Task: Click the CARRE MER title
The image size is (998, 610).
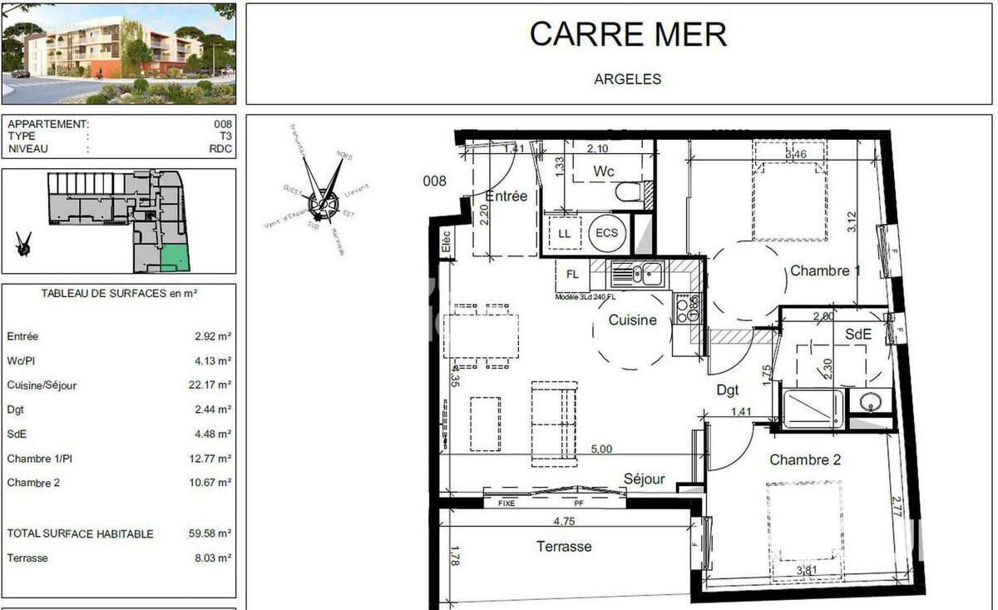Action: coord(628,34)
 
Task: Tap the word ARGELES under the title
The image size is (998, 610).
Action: coord(627,80)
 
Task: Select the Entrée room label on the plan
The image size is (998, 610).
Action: coord(506,196)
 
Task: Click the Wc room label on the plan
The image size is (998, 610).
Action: coord(604,171)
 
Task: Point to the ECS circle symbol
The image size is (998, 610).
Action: coord(607,233)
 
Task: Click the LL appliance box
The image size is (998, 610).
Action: coord(564,234)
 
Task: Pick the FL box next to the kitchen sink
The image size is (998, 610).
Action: coord(572,274)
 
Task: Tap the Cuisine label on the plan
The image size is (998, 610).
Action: coord(632,320)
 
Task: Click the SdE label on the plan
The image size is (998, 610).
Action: coord(858,334)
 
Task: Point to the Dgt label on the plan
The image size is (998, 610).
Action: coord(728,389)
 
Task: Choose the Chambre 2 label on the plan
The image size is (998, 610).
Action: coord(799,459)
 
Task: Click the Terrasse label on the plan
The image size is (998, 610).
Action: coord(564,547)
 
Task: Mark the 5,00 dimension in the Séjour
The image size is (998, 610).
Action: coord(600,449)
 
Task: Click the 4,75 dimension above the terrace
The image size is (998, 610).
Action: coord(566,520)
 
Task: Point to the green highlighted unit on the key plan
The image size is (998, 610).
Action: coord(175,259)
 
